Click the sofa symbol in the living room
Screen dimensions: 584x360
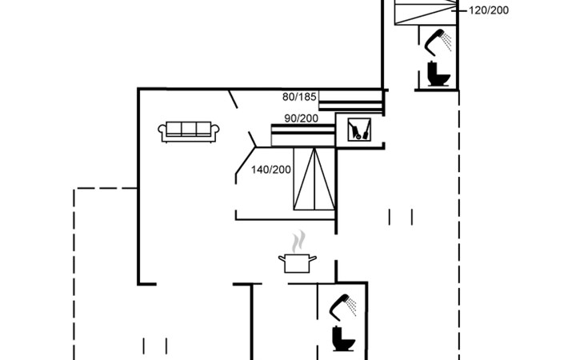[189, 132]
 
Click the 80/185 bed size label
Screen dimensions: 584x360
[299, 97]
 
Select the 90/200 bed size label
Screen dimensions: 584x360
[302, 118]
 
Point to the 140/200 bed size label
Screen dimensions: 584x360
[270, 170]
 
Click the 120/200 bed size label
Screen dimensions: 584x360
[488, 10]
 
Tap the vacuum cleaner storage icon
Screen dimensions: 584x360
[359, 130]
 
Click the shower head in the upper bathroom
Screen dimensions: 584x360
[438, 42]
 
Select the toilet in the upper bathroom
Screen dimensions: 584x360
[438, 74]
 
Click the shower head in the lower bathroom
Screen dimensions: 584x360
[342, 307]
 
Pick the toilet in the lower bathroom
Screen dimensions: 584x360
[343, 338]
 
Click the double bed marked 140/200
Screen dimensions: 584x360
[314, 178]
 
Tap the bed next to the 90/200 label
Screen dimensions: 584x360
[303, 135]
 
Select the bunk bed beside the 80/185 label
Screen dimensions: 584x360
[351, 101]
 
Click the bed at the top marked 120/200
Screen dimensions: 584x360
[426, 12]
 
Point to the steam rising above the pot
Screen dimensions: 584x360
[298, 242]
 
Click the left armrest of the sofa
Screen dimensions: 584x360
[162, 131]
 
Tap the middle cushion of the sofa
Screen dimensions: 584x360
[189, 128]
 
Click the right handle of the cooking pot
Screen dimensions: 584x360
[313, 258]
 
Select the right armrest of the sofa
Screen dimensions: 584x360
[215, 131]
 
